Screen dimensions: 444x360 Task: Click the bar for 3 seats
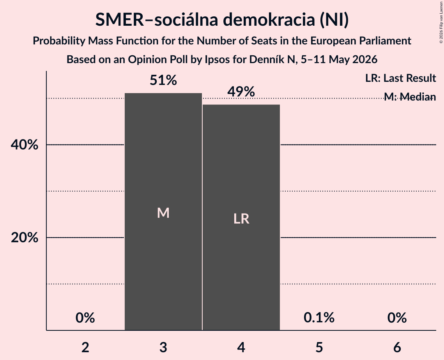163,212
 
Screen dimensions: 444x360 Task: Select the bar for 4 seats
241,217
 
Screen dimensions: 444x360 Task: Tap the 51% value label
163,80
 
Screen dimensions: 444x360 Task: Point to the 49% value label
241,92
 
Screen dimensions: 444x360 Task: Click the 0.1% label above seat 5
319,318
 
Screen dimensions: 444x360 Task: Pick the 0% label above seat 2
85,318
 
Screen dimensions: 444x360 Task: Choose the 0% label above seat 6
397,318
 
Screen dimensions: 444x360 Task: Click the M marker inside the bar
163,213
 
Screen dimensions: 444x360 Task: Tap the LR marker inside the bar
241,219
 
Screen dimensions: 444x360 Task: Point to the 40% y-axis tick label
24,145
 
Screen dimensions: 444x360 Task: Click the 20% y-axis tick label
24,237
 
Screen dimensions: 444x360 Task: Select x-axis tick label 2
85,347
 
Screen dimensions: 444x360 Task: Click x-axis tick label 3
163,347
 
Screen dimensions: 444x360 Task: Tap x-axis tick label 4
241,347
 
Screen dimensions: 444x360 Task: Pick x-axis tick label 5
319,347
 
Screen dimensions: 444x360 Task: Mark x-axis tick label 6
397,347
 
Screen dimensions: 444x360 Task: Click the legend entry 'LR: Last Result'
400,78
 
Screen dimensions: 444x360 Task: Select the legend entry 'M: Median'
410,97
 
